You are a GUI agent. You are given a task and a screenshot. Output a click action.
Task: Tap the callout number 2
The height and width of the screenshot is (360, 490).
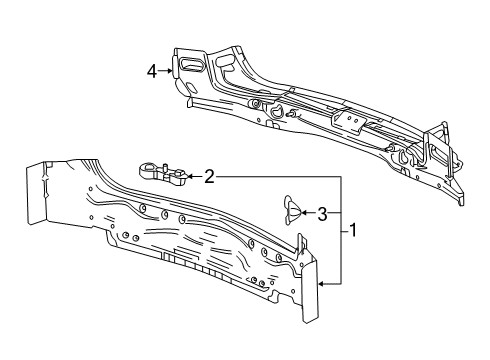coord(208,177)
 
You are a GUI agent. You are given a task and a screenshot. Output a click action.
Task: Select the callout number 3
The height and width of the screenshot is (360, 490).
coord(322,212)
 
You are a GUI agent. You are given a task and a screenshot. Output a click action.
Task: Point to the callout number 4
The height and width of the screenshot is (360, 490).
coord(152,70)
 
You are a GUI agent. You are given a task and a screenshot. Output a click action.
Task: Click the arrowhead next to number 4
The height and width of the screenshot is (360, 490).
coord(171,70)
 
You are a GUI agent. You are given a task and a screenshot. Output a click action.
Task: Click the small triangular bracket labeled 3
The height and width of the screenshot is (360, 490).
coord(291,207)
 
